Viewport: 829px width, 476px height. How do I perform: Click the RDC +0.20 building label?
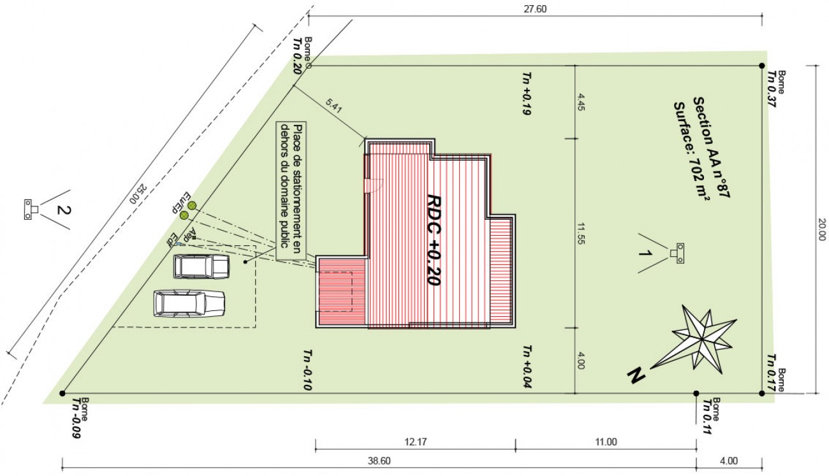coord(434,240)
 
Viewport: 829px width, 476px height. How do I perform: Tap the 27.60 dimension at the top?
coord(535,9)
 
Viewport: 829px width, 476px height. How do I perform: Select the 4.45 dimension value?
coord(581,103)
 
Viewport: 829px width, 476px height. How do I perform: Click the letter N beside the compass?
coord(635,376)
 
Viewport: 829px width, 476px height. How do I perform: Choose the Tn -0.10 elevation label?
coord(307,370)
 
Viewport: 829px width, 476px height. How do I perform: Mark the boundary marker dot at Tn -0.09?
coord(62,393)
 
